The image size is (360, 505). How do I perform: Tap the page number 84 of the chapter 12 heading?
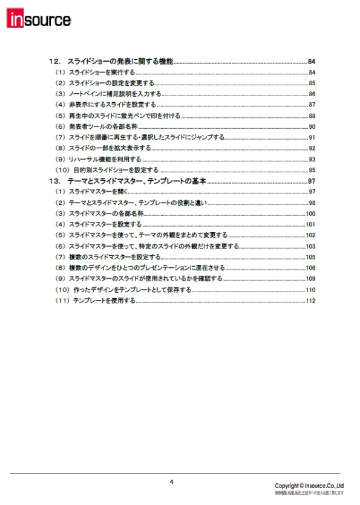coord(312,62)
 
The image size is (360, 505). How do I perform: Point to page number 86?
coord(312,94)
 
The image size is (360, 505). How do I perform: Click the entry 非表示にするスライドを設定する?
coord(113,105)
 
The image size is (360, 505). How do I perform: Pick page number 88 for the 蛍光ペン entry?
coord(312,116)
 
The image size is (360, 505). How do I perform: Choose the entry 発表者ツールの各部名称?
coord(103,126)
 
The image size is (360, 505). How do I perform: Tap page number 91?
coord(312,137)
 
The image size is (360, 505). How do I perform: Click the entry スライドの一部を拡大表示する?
coord(110,148)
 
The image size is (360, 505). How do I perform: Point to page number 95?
coord(312,170)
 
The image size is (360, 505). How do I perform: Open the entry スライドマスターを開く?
coord(97,192)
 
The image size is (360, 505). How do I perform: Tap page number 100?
coord(311,213)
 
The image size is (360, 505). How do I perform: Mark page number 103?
coord(311,246)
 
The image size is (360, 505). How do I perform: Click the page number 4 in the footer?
coord(171,482)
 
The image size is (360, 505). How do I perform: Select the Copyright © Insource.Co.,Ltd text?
coord(309,486)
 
